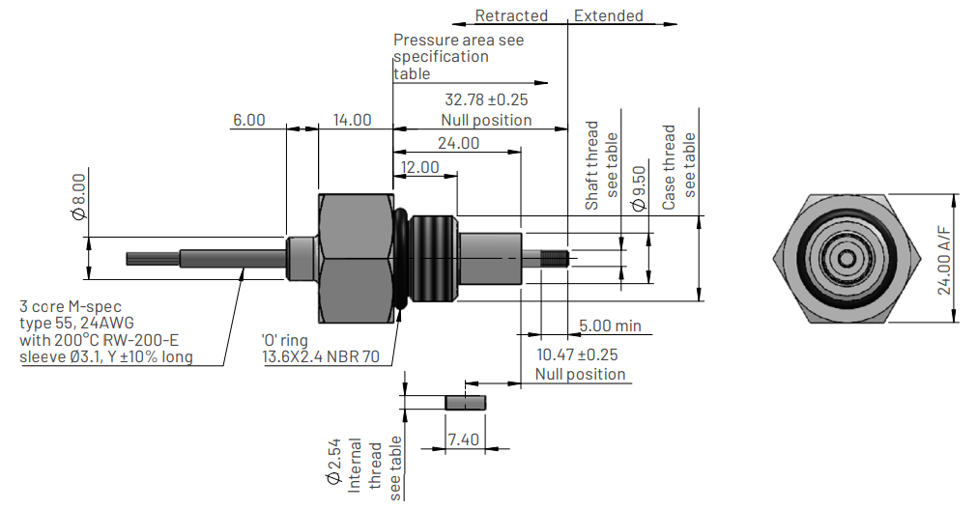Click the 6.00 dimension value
[248, 120]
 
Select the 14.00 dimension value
[352, 120]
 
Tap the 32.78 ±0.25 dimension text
[486, 99]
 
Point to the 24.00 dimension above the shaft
[459, 143]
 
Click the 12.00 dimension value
[419, 167]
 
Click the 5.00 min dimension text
[610, 326]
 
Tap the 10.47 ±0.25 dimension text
[577, 354]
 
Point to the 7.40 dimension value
[463, 439]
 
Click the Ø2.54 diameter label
[331, 461]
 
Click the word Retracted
[511, 15]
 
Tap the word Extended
[609, 15]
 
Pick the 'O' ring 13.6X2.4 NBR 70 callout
[320, 349]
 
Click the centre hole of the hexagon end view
[845, 258]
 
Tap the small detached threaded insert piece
[465, 401]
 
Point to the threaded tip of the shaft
[555, 259]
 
